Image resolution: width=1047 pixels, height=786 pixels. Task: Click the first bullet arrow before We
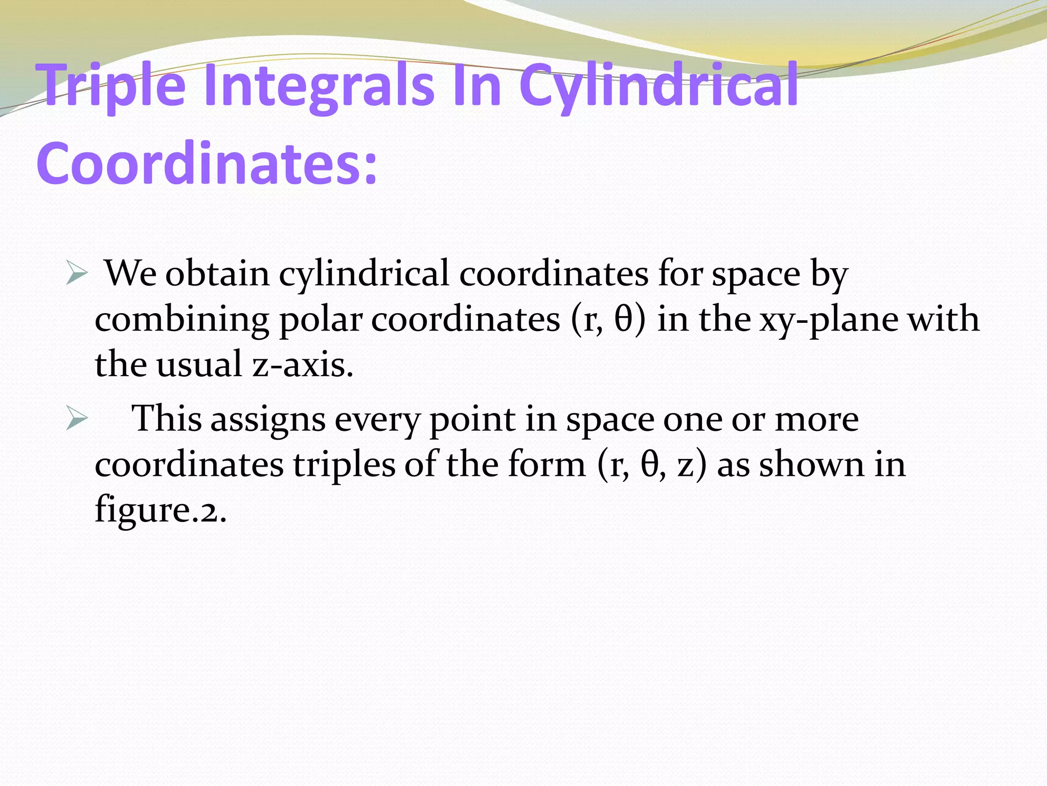coord(77,275)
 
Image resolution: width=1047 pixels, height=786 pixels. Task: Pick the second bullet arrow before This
coord(77,421)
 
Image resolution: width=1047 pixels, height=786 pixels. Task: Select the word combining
coord(181,320)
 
